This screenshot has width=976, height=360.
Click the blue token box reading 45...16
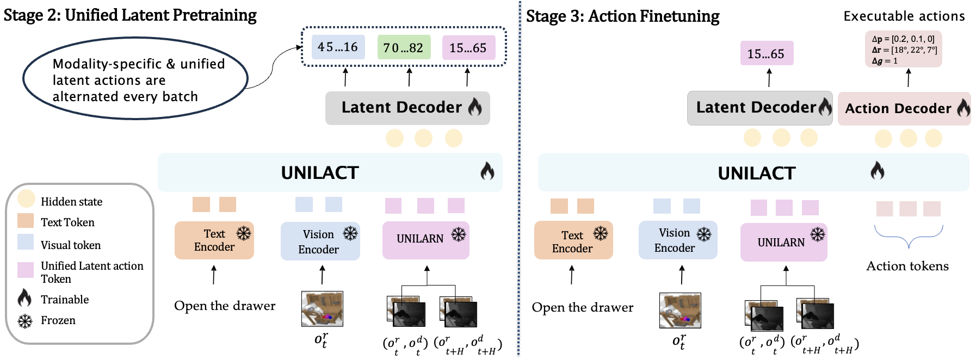point(338,47)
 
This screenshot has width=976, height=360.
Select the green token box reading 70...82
point(404,48)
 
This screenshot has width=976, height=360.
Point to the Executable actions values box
point(903,49)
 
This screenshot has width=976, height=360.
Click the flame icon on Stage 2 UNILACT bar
point(487,171)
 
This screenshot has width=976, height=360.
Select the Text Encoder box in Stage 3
point(573,240)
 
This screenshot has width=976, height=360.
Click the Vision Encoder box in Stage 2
point(320,241)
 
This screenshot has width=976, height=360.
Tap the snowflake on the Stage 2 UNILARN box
point(459,234)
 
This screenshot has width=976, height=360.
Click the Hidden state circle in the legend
point(26,199)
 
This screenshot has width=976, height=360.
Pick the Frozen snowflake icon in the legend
point(25,321)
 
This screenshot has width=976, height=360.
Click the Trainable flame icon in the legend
point(24,298)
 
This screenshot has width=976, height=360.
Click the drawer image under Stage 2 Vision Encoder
point(322,308)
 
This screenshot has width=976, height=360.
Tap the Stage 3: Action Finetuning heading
point(622,16)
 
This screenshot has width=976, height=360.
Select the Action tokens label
point(907,266)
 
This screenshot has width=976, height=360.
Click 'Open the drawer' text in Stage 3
point(582,308)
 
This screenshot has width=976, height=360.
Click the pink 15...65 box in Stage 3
point(766,53)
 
